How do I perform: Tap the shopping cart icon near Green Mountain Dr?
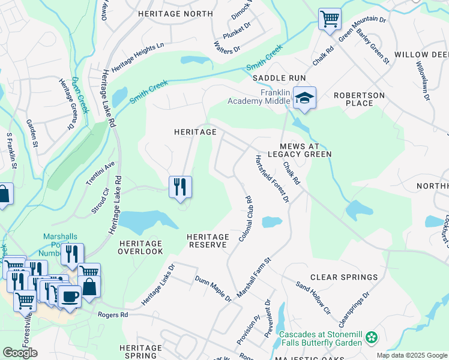329,19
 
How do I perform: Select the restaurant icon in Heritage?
180,188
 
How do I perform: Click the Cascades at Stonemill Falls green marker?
372,338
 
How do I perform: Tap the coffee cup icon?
70,296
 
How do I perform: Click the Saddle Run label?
279,78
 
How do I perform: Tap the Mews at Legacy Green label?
306,150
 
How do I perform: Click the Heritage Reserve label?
206,241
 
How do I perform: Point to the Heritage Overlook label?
140,247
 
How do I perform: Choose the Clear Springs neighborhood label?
344,277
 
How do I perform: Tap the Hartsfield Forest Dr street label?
272,178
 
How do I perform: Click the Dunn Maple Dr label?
213,288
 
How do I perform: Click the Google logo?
20,353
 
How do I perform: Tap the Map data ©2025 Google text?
411,355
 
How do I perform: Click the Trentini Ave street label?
100,175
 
